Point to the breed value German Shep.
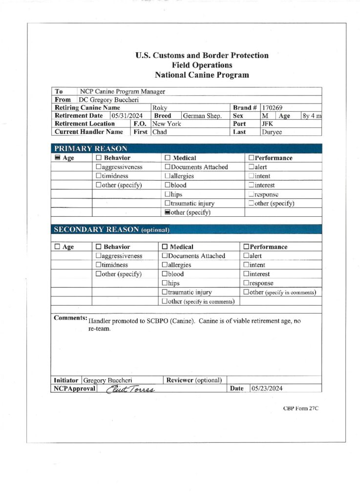pos(202,116)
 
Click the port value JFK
pos(268,124)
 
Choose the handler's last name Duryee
pos(272,132)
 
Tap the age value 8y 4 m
pos(312,116)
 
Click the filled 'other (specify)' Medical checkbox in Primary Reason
pos(167,212)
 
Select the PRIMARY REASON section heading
pos(90,149)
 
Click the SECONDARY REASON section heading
pos(111,229)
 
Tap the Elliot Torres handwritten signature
pos(131,389)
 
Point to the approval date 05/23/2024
pos(267,389)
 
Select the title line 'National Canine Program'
pos(202,75)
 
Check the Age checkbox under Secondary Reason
pos(57,247)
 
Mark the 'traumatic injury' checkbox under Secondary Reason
pos(165,292)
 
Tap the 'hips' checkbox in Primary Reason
pos(167,194)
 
